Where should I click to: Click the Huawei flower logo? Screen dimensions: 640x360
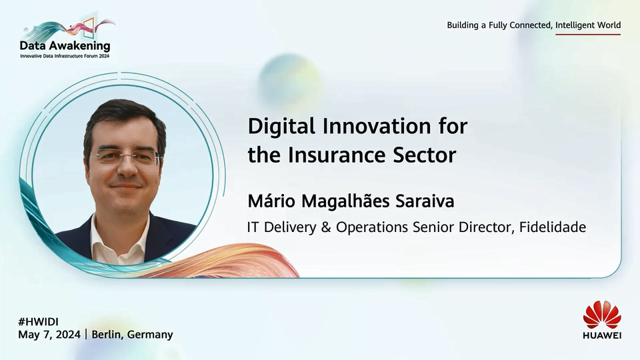point(602,315)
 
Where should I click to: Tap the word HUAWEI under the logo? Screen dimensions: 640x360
point(602,335)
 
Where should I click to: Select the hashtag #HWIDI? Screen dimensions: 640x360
point(39,321)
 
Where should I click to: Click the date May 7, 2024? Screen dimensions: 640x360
point(49,335)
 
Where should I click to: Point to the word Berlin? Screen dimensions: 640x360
point(107,334)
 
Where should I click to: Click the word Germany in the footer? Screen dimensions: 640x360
point(150,335)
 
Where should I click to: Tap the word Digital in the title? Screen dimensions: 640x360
point(281,127)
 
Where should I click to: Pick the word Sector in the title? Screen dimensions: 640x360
point(425,155)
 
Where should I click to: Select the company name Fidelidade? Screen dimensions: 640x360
point(553,227)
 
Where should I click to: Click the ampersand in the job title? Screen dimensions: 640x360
point(326,227)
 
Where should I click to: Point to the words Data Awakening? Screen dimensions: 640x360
point(65,45)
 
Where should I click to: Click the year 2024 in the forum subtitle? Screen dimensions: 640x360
point(104,56)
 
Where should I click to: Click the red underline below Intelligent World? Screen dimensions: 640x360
point(588,34)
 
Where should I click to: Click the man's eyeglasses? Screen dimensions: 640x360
point(125,156)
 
